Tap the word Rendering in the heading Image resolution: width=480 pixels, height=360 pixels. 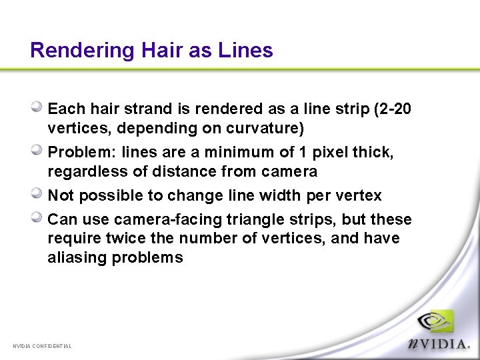(83, 51)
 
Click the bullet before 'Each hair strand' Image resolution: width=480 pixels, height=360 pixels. (39, 106)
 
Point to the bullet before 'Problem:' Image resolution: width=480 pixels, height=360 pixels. (39, 151)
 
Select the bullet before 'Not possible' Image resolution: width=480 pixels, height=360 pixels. (39, 194)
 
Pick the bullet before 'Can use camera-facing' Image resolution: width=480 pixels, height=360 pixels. (39, 217)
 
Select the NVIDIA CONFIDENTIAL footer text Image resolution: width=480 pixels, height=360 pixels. (42, 346)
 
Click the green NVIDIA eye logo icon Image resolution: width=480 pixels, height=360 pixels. (435, 324)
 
